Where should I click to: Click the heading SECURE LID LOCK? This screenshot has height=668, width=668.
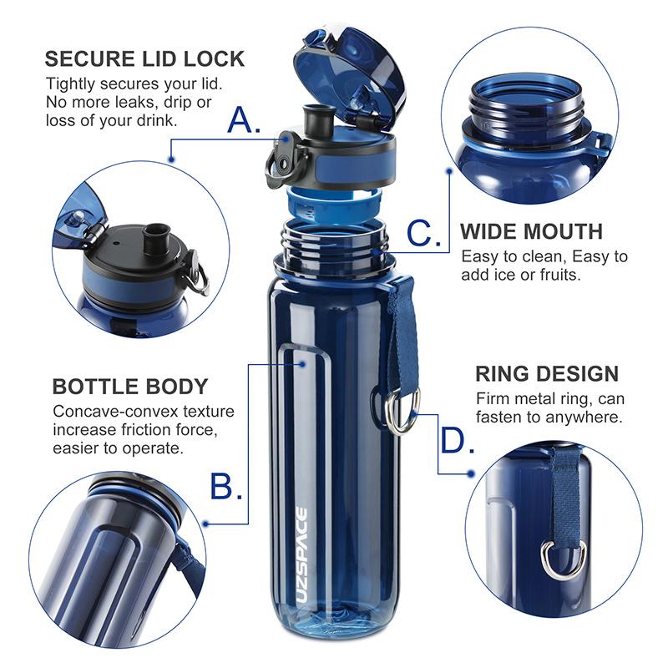coord(144,59)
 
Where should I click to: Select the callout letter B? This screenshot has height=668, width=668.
coord(225,485)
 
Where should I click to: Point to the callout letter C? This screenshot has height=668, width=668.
coord(424,233)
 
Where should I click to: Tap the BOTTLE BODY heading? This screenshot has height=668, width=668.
coord(130,387)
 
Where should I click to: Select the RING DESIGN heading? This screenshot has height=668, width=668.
coord(547,373)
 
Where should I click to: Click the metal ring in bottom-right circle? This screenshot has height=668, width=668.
coord(564,558)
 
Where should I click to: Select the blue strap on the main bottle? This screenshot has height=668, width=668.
coord(403,334)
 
